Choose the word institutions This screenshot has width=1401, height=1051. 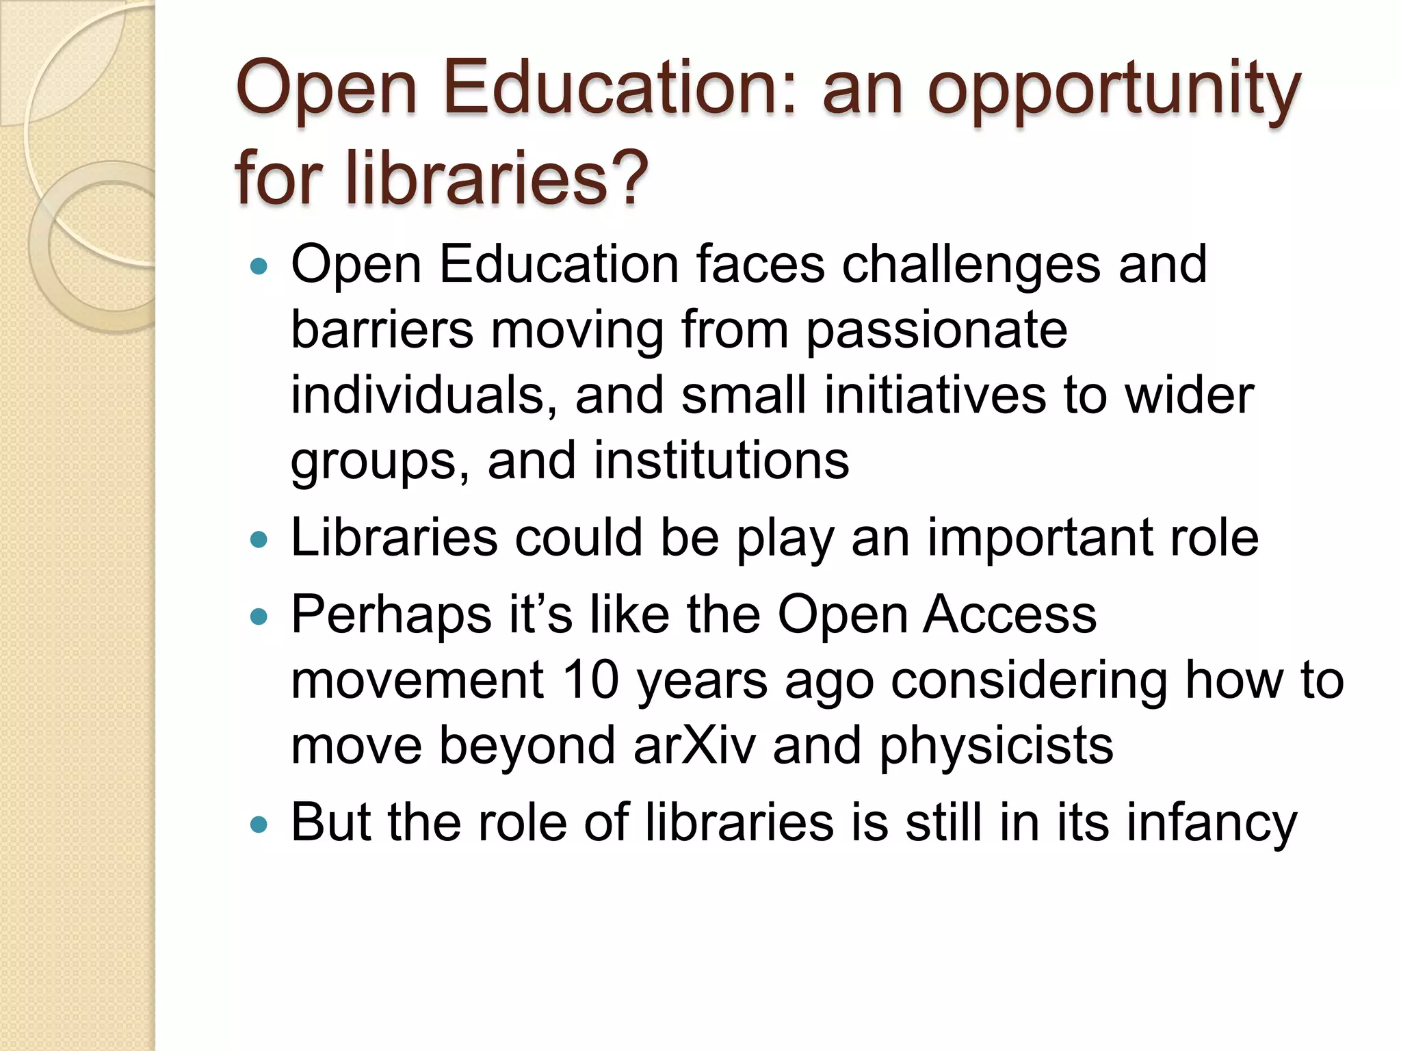pyautogui.click(x=721, y=460)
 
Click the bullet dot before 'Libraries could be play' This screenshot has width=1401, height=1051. pyautogui.click(x=259, y=541)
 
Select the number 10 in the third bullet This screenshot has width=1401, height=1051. pyautogui.click(x=591, y=680)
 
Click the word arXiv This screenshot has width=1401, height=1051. pyautogui.click(x=694, y=745)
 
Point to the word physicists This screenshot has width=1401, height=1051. pyautogui.click(x=995, y=747)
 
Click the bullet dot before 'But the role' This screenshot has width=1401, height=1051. pyautogui.click(x=259, y=824)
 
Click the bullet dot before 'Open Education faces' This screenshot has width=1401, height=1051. pyautogui.click(x=259, y=266)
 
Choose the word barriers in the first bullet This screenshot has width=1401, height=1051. pyautogui.click(x=382, y=330)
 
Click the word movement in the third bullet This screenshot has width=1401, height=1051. pyautogui.click(x=417, y=680)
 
